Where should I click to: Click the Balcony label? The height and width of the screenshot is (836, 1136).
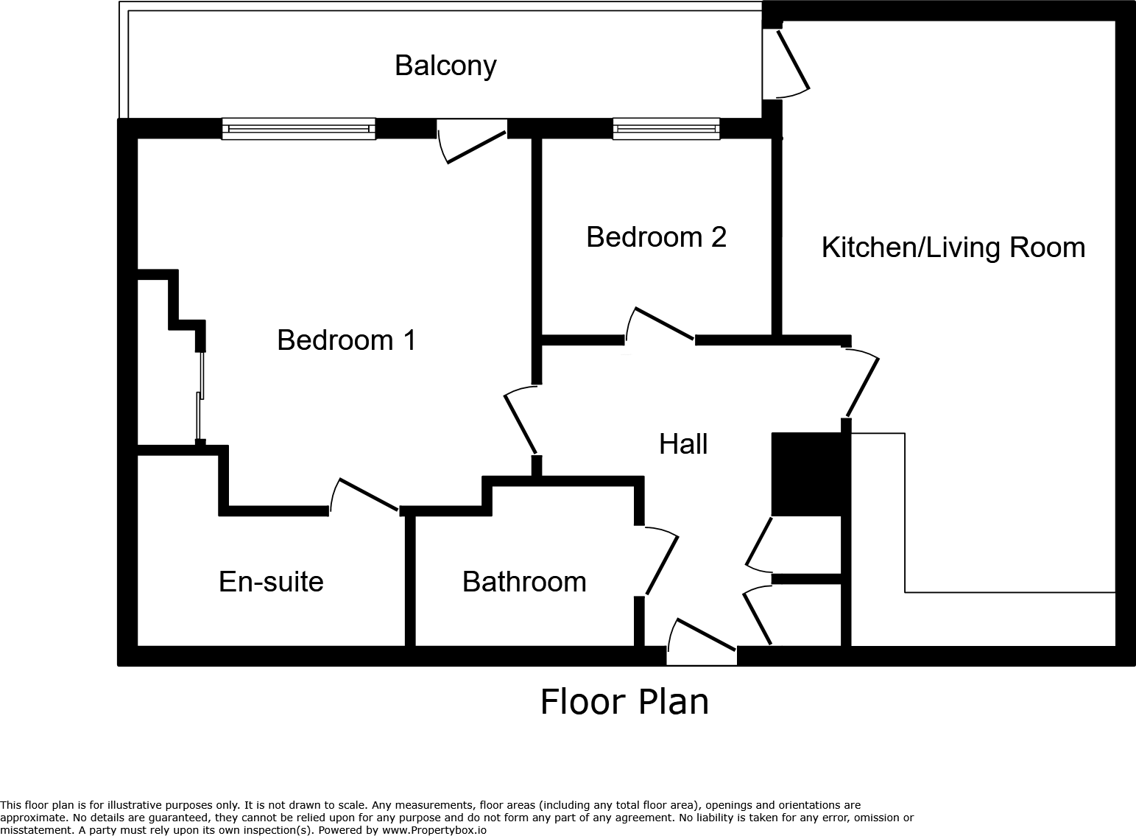tap(445, 66)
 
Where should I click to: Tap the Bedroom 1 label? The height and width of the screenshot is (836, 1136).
tap(346, 340)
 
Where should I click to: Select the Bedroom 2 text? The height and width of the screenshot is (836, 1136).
tap(656, 237)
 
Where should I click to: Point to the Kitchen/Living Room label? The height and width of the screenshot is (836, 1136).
tap(953, 247)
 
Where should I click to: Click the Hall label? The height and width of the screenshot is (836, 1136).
tap(683, 444)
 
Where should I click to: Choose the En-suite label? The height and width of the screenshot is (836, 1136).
tap(271, 582)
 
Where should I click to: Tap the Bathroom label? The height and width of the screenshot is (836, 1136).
tap(524, 582)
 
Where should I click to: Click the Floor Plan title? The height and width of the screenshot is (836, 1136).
tap(624, 701)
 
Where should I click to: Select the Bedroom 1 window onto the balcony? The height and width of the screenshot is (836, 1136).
tap(298, 129)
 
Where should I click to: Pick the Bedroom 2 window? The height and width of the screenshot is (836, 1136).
tap(666, 129)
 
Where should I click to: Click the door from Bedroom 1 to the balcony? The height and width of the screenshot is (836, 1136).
tap(471, 144)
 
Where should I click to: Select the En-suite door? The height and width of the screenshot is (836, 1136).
tap(365, 495)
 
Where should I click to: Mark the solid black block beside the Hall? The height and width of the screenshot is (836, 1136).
tap(806, 474)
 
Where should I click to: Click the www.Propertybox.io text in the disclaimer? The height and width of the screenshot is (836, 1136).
tap(434, 829)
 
